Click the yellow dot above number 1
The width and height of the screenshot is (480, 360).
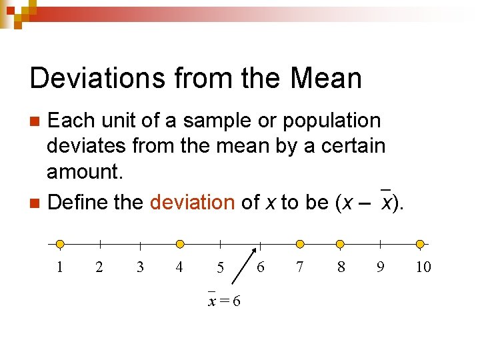[x=60, y=244]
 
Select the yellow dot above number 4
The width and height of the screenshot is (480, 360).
[x=180, y=244]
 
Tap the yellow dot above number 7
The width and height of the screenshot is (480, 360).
[x=300, y=244]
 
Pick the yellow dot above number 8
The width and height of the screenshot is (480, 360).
[x=340, y=244]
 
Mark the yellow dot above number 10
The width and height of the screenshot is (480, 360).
[x=420, y=244]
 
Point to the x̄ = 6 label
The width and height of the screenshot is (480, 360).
[x=224, y=301]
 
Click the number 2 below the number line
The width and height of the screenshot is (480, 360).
[x=99, y=267]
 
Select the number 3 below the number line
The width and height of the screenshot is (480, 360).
[x=140, y=267]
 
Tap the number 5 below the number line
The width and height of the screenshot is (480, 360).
[x=220, y=268]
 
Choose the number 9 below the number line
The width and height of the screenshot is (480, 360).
[x=380, y=267]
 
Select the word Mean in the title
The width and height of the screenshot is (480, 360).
[x=327, y=79]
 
